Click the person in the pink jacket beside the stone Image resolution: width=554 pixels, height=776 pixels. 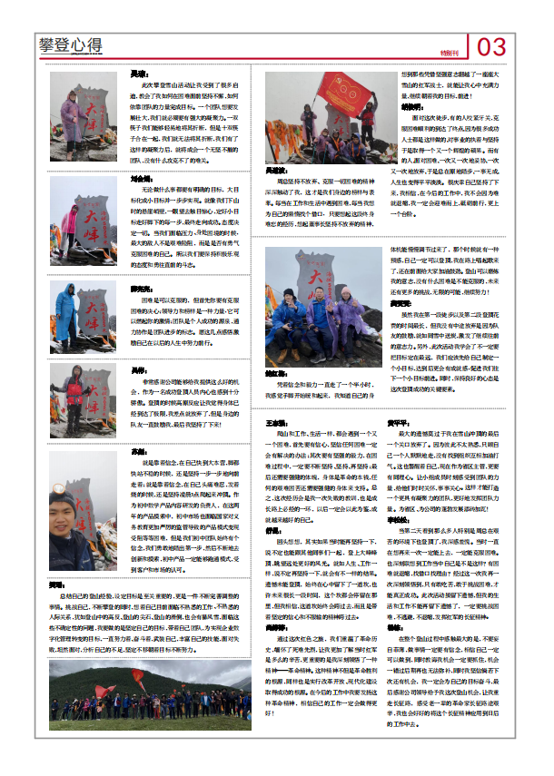click(72, 222)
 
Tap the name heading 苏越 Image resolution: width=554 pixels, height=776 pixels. click(137, 450)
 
